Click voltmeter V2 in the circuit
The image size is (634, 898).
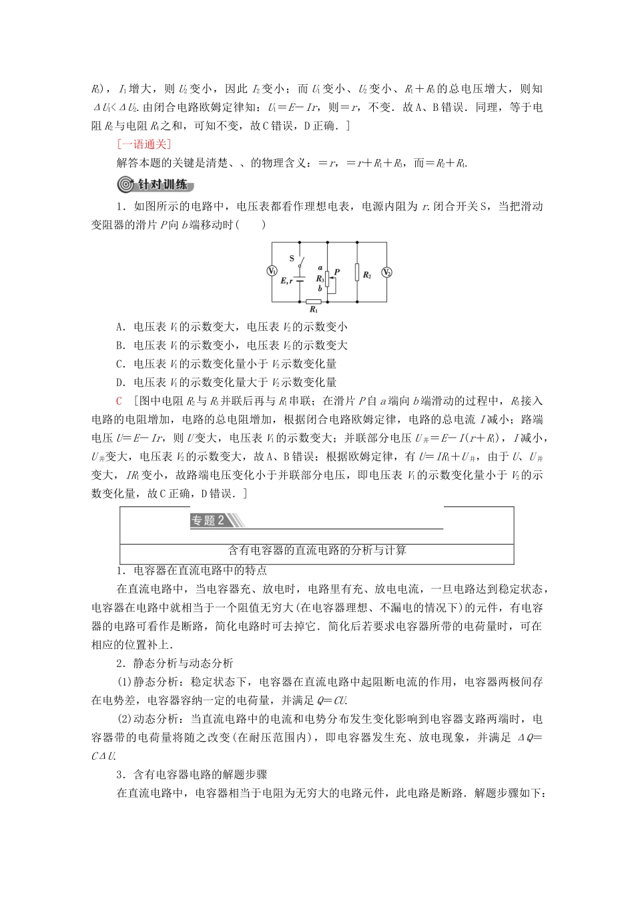[386, 273]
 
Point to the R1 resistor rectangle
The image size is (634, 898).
[313, 301]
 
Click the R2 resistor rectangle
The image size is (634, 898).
[358, 273]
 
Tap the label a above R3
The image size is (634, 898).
[320, 266]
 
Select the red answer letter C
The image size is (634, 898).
[119, 401]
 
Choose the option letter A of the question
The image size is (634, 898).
[119, 327]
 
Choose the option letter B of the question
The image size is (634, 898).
[119, 345]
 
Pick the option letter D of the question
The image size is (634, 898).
[119, 382]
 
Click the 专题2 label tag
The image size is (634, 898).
[208, 521]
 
